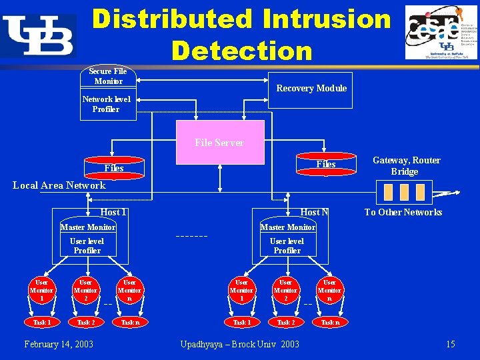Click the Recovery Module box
(x=311, y=89)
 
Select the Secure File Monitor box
(x=108, y=76)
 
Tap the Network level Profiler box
(x=107, y=105)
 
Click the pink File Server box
(x=219, y=142)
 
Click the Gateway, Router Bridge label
(x=406, y=166)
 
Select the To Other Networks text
(x=403, y=212)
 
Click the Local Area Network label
(x=59, y=185)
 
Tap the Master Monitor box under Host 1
(x=87, y=227)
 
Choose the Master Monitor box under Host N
(x=287, y=227)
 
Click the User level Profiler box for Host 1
(x=87, y=246)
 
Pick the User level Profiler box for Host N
(x=287, y=246)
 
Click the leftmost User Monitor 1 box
(x=41, y=291)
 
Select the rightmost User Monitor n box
(x=329, y=291)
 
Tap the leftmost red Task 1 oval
(x=41, y=322)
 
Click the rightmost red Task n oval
(x=329, y=322)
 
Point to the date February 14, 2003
(x=59, y=344)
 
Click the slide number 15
(x=451, y=344)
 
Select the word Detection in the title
(x=241, y=51)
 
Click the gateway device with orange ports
(x=403, y=193)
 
